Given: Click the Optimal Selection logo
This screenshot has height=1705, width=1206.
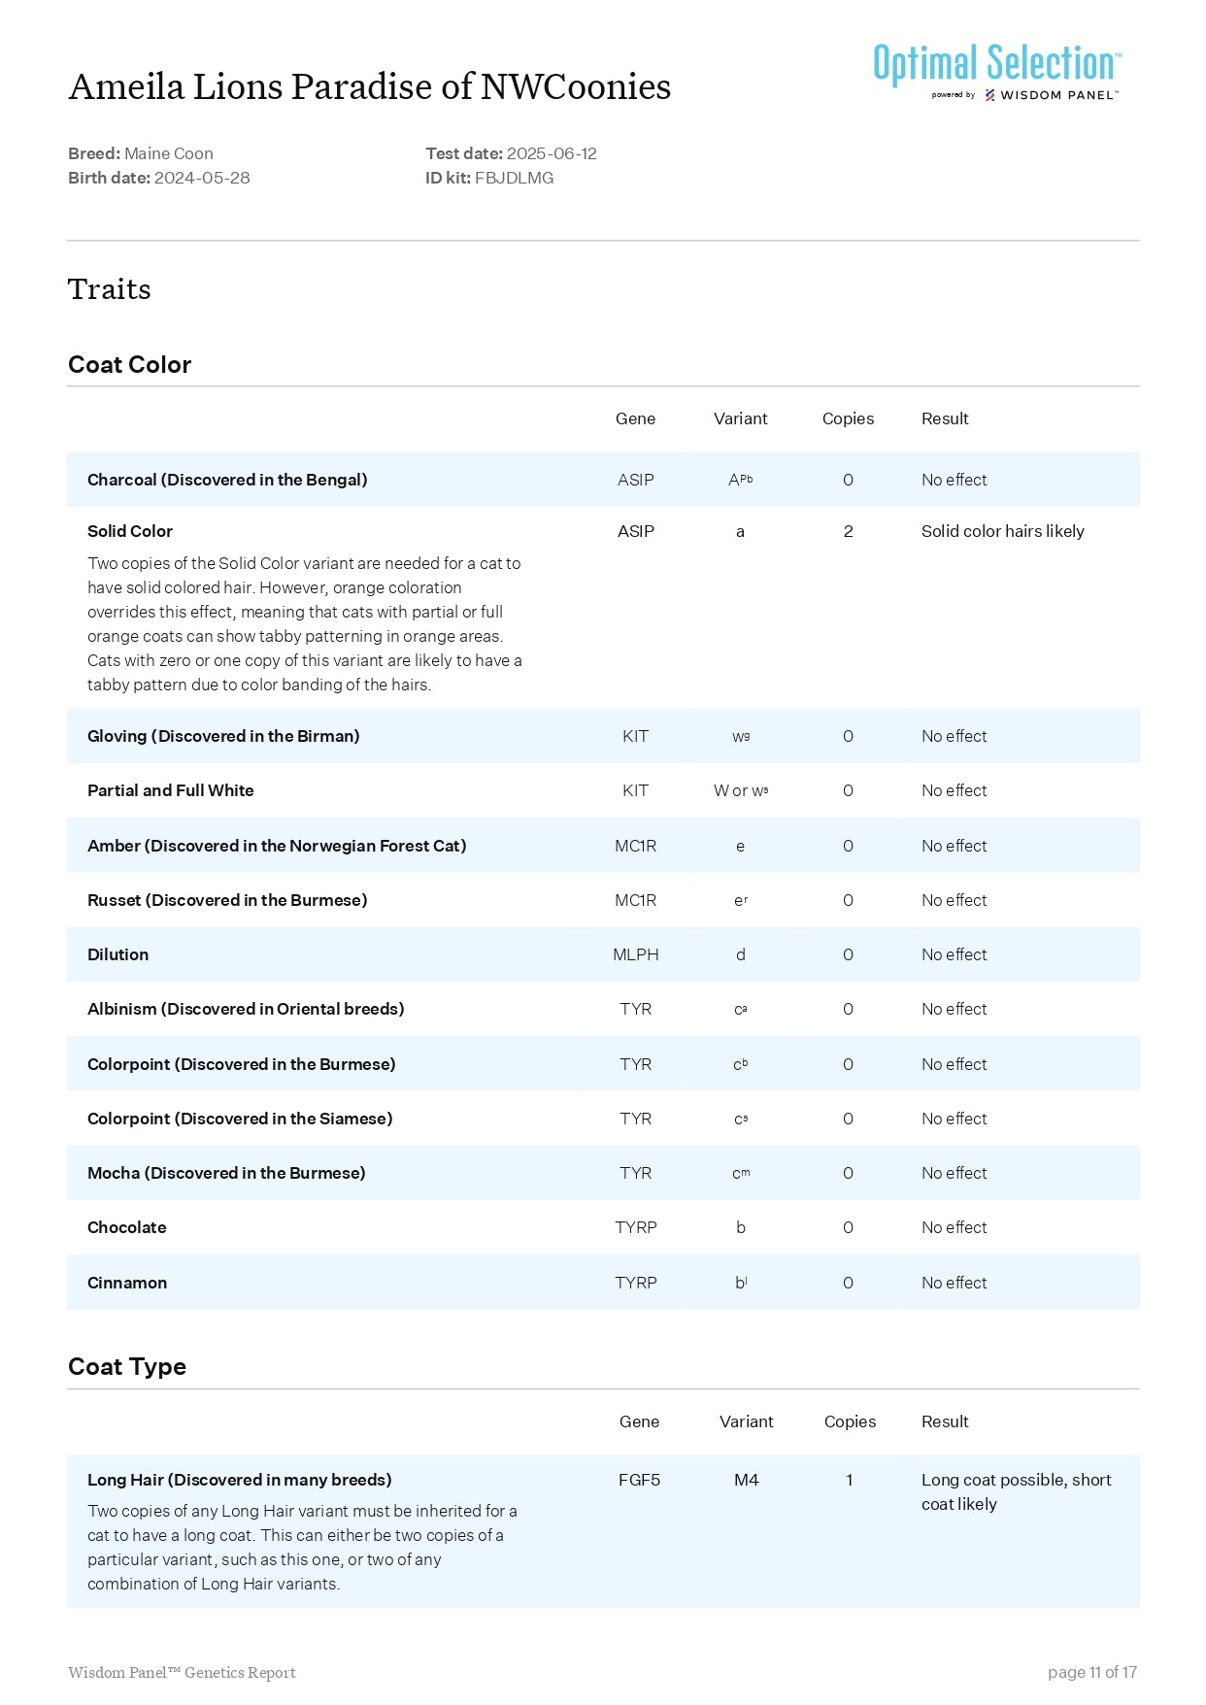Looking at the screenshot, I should pyautogui.click(x=996, y=70).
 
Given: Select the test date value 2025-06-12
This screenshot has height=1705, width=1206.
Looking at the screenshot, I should pyautogui.click(x=552, y=153).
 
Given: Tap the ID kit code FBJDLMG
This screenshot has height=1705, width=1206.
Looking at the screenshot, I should pyautogui.click(x=514, y=178).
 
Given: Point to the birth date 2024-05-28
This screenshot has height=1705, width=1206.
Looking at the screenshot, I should pyautogui.click(x=202, y=178).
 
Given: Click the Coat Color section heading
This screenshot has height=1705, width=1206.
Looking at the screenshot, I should pyautogui.click(x=129, y=365).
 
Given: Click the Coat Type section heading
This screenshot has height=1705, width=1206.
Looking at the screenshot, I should pyautogui.click(x=127, y=1367).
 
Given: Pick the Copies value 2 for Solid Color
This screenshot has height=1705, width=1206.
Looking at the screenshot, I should pyautogui.click(x=848, y=531).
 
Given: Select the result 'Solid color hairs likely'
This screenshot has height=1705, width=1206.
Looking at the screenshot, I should pyautogui.click(x=1002, y=531).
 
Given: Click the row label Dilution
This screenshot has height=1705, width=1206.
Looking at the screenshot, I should pyautogui.click(x=117, y=954).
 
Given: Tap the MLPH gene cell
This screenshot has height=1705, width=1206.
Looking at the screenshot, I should pyautogui.click(x=635, y=954).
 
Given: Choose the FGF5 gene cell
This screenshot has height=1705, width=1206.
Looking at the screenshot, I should pyautogui.click(x=639, y=1480).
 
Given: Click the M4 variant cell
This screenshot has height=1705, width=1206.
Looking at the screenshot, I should pyautogui.click(x=746, y=1480).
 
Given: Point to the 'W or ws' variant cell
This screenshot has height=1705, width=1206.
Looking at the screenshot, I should pyautogui.click(x=740, y=790).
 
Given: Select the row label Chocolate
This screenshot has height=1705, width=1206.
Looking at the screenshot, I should pyautogui.click(x=126, y=1227).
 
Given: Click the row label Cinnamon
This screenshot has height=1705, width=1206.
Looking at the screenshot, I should pyautogui.click(x=127, y=1283).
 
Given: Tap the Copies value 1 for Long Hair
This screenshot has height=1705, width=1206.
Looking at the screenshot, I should pyautogui.click(x=849, y=1480).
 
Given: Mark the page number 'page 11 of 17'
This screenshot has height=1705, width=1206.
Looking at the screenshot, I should pyautogui.click(x=1091, y=1672).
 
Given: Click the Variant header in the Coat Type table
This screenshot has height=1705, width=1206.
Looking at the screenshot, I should pyautogui.click(x=746, y=1421).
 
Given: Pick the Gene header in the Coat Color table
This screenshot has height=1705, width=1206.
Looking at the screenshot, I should pyautogui.click(x=635, y=418).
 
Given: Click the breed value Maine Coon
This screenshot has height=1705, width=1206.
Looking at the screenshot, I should pyautogui.click(x=168, y=153).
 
